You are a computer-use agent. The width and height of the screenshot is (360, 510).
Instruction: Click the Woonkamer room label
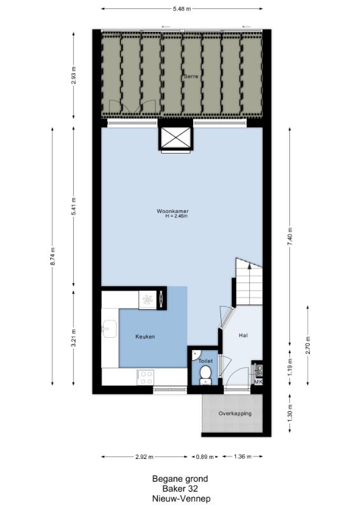173,211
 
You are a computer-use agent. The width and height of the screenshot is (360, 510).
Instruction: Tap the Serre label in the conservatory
191,76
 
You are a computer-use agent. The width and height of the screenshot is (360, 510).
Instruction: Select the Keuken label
145,337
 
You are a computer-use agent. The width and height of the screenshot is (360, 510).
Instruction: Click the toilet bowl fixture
205,374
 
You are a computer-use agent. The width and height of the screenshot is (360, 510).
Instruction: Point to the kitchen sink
109,328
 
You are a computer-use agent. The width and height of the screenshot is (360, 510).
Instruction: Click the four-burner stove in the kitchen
145,377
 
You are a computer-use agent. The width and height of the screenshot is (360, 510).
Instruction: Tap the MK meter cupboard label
258,381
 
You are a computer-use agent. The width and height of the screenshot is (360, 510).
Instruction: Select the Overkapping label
235,414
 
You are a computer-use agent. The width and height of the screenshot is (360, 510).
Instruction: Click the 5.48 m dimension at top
182,9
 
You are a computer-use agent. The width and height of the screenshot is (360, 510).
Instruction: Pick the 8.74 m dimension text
53,257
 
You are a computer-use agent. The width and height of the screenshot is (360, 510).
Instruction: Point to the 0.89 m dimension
205,457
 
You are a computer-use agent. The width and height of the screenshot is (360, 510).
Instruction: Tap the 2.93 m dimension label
73,75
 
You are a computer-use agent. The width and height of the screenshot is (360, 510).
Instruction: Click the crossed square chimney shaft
176,137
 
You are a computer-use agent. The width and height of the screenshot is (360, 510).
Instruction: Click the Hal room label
243,335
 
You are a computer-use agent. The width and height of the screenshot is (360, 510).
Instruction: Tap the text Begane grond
180,479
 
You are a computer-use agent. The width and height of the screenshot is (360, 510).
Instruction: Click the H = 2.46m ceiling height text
176,215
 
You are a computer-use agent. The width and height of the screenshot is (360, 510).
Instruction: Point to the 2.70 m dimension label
308,346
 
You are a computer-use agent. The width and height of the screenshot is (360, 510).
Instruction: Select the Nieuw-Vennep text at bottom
181,499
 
